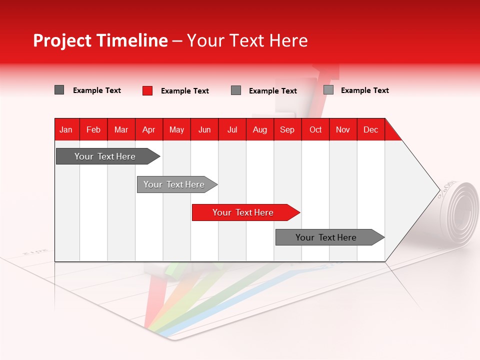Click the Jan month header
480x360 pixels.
pyautogui.click(x=66, y=130)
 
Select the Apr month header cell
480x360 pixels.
pyautogui.click(x=149, y=130)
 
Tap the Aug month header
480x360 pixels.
pyautogui.click(x=260, y=130)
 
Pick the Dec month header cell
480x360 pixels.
pyautogui.click(x=370, y=130)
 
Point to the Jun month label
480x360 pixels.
pyautogui.click(x=204, y=130)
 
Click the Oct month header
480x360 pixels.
pyautogui.click(x=315, y=130)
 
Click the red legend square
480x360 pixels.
pyautogui.click(x=147, y=90)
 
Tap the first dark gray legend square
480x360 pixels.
pyautogui.click(x=59, y=90)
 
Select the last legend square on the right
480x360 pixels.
pyautogui.click(x=328, y=90)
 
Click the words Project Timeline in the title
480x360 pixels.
pyautogui.click(x=100, y=40)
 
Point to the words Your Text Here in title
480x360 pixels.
pyautogui.click(x=247, y=40)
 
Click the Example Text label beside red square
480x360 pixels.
pyautogui.click(x=185, y=91)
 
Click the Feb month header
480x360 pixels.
pyautogui.click(x=93, y=130)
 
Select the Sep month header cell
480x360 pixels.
pyautogui.click(x=287, y=130)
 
